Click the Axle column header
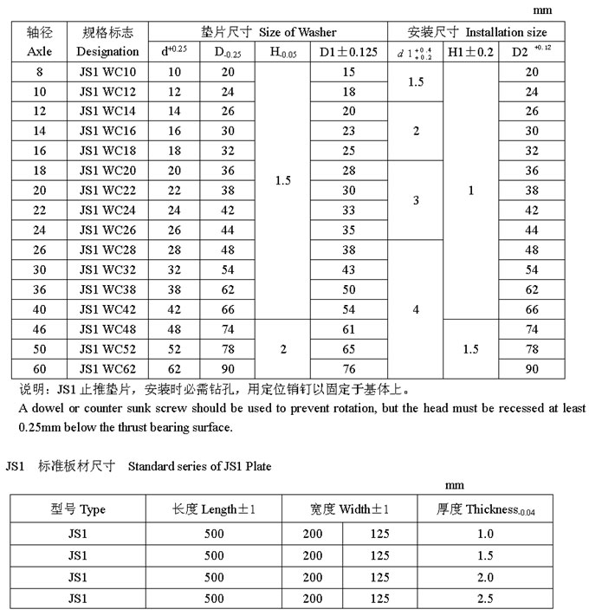point(40,51)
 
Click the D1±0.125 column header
point(348,52)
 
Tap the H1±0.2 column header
point(470,52)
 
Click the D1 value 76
point(348,369)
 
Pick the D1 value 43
point(348,270)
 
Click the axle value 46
point(40,329)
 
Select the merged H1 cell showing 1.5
point(470,349)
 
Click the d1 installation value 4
point(416,309)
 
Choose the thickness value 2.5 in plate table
point(485,598)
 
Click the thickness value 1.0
point(485,535)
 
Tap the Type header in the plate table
point(77,509)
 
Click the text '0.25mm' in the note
point(36,427)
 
